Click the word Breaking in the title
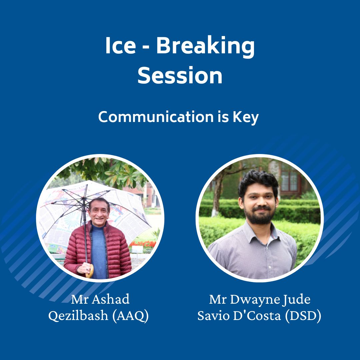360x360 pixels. (x=205, y=46)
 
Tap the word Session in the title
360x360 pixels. (x=180, y=76)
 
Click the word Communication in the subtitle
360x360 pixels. (x=156, y=117)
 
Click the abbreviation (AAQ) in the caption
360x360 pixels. (x=130, y=315)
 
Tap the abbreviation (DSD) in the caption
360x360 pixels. (x=303, y=315)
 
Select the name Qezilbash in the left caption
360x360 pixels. (x=78, y=315)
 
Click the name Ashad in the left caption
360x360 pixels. (x=111, y=299)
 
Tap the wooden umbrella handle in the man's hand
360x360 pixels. (x=90, y=271)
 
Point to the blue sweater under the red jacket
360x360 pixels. (x=99, y=253)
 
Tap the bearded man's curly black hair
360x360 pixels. (x=258, y=181)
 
